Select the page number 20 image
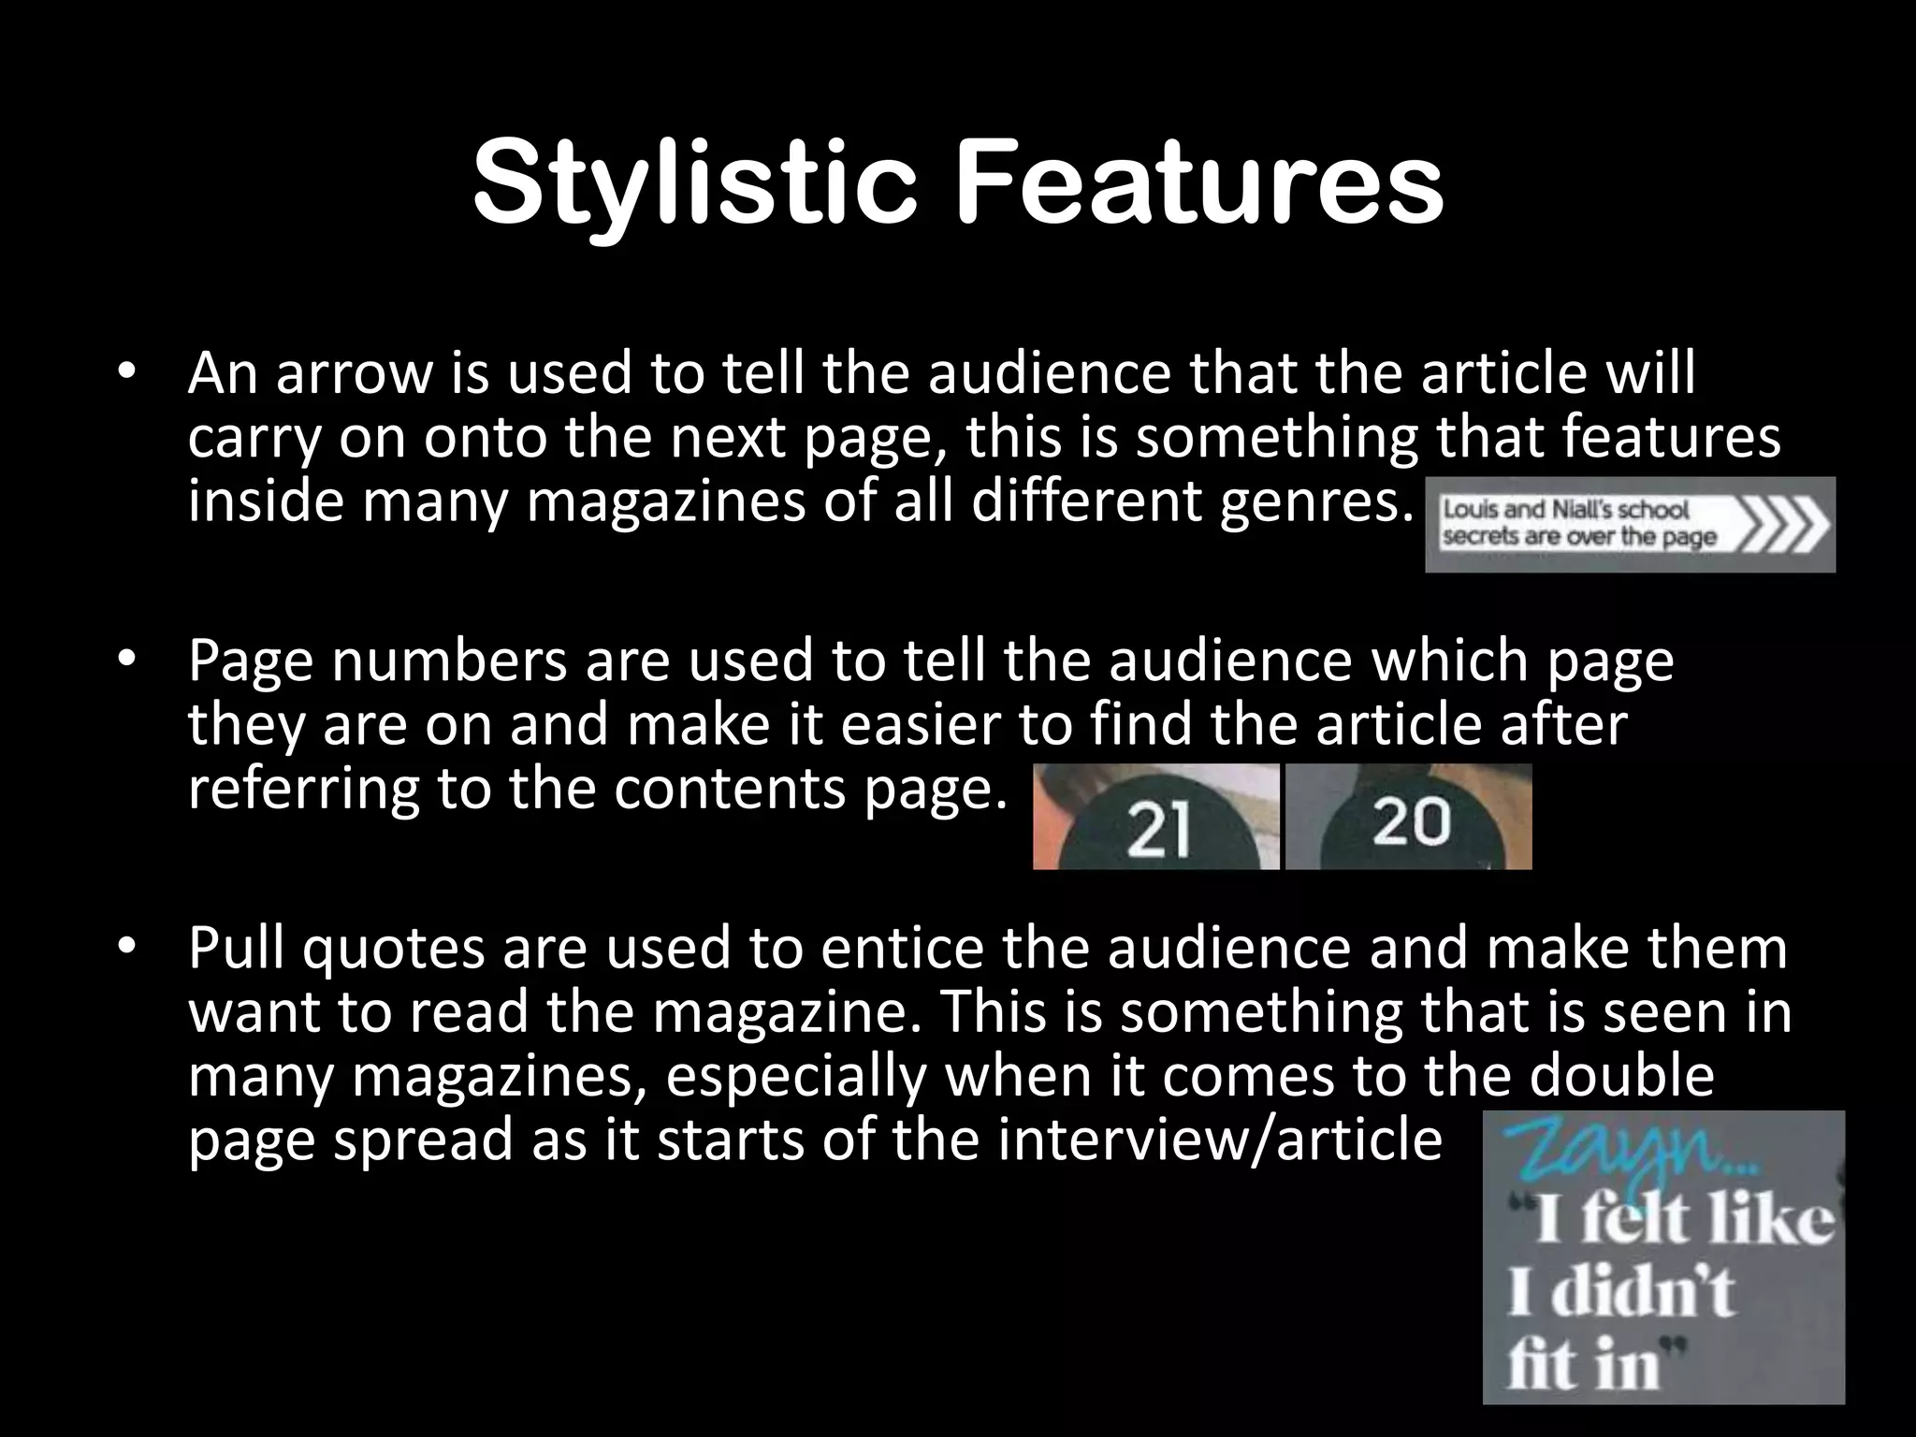1410,818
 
